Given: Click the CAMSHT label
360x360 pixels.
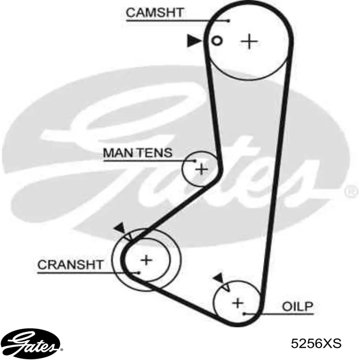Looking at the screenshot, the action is coord(155,13).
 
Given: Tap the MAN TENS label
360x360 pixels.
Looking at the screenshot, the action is coord(138,153).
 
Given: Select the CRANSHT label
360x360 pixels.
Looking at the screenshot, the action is coord(70,265).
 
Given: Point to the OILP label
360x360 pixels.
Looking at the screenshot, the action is coord(297,306).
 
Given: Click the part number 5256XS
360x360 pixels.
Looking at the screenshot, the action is coord(316,344).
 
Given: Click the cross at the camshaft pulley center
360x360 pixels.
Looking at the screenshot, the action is coord(249,41).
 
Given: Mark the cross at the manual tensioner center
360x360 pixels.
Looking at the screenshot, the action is coord(202,170).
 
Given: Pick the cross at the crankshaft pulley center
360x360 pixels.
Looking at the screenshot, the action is coord(146,260).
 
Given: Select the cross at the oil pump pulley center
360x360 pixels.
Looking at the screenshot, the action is coord(238,303).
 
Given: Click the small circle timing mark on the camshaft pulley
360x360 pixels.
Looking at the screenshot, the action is coord(216,41).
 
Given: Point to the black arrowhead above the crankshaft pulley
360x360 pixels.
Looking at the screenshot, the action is coord(120,228).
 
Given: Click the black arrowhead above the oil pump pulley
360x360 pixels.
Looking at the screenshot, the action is coord(219,279).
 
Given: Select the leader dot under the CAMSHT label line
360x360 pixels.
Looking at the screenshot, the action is coord(228,21).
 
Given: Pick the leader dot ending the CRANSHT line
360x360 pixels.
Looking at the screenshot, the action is coord(139,273).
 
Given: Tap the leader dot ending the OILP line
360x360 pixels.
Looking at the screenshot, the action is coord(245,314).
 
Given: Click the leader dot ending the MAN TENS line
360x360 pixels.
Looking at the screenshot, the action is coord(195,161).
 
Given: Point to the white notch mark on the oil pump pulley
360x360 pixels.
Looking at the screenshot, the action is coord(227,287).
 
